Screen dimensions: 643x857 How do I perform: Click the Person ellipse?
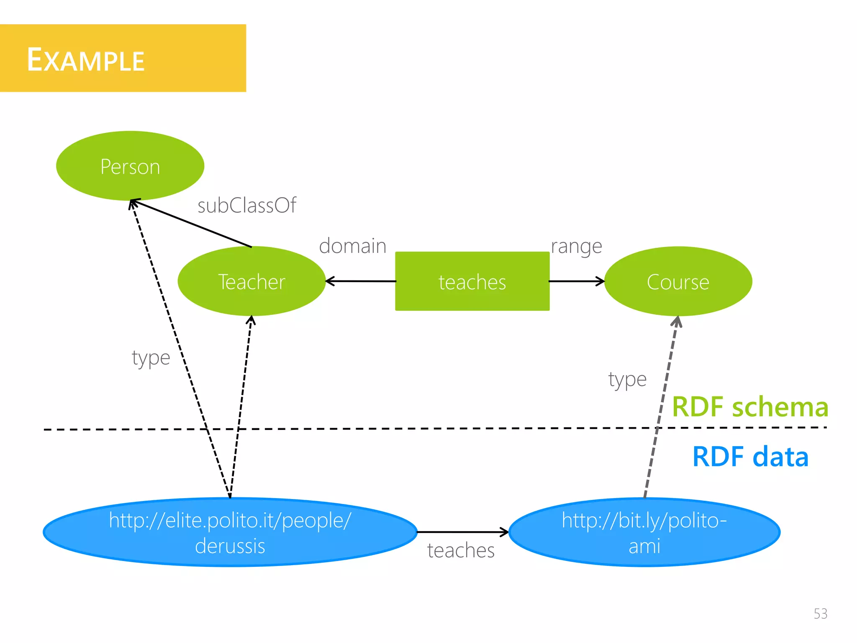click(130, 166)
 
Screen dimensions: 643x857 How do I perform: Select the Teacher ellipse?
click(251, 281)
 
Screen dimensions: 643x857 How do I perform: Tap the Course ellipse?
click(678, 281)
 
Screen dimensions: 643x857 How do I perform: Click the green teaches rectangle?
click(472, 281)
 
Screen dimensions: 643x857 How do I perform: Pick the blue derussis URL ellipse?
click(230, 532)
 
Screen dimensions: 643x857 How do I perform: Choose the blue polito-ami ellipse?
click(644, 532)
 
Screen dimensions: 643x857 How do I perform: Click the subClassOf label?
click(247, 206)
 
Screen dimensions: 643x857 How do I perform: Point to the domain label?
click(352, 246)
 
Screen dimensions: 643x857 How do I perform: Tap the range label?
click(576, 247)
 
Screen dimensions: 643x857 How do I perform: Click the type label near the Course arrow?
click(627, 380)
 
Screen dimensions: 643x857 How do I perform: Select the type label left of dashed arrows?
click(151, 358)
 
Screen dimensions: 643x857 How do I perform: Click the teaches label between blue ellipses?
click(461, 550)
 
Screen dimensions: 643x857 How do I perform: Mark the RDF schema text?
click(750, 407)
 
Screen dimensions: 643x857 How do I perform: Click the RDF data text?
click(750, 457)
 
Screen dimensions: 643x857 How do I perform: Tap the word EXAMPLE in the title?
click(86, 60)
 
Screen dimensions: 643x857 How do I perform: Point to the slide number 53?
click(820, 614)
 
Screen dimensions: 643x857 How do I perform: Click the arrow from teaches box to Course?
click(577, 281)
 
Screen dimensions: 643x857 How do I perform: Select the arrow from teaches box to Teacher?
click(361, 281)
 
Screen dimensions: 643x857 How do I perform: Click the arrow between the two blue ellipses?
click(462, 532)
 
